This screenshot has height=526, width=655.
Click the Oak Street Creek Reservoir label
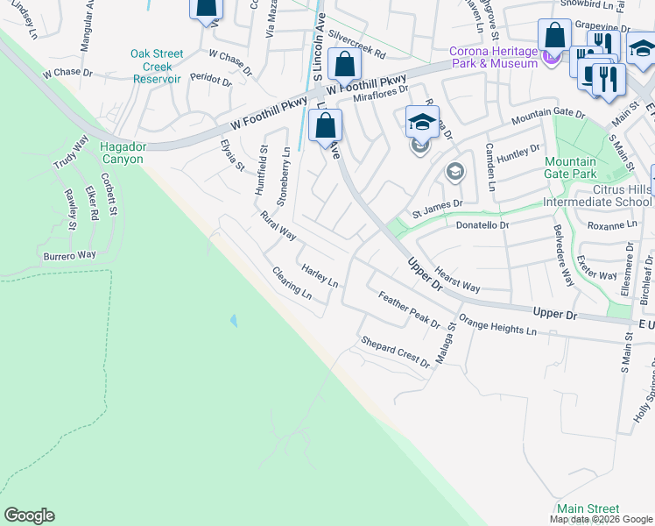point(157,66)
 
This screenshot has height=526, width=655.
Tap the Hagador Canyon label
point(122,153)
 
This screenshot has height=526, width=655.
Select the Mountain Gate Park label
point(570,168)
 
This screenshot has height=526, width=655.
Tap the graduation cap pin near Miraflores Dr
point(421,123)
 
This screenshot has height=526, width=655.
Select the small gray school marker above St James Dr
point(454,171)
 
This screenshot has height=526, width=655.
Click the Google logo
point(29,515)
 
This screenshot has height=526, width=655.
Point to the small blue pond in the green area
point(232,321)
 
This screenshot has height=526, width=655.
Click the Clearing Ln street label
point(292,283)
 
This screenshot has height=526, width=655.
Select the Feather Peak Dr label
point(408,310)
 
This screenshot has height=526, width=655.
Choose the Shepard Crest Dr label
point(396,351)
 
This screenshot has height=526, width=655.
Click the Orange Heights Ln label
point(497,327)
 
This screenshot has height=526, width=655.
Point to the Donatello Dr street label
point(482,225)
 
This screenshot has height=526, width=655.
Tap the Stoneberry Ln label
point(283,176)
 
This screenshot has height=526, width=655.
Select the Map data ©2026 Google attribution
point(601,519)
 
